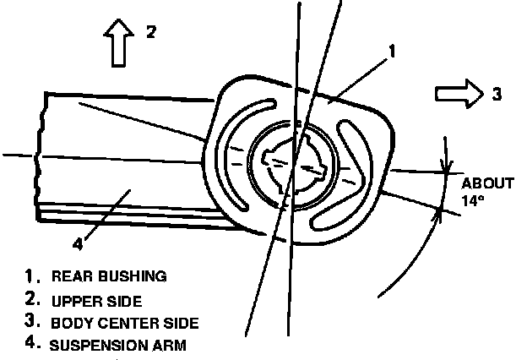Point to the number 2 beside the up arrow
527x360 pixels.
[150, 33]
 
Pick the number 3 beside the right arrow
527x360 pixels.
[496, 95]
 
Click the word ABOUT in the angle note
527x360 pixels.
[488, 183]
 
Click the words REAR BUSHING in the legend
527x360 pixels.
[109, 275]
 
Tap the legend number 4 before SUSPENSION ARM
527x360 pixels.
[31, 344]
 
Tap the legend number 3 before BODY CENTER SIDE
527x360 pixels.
[31, 322]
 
